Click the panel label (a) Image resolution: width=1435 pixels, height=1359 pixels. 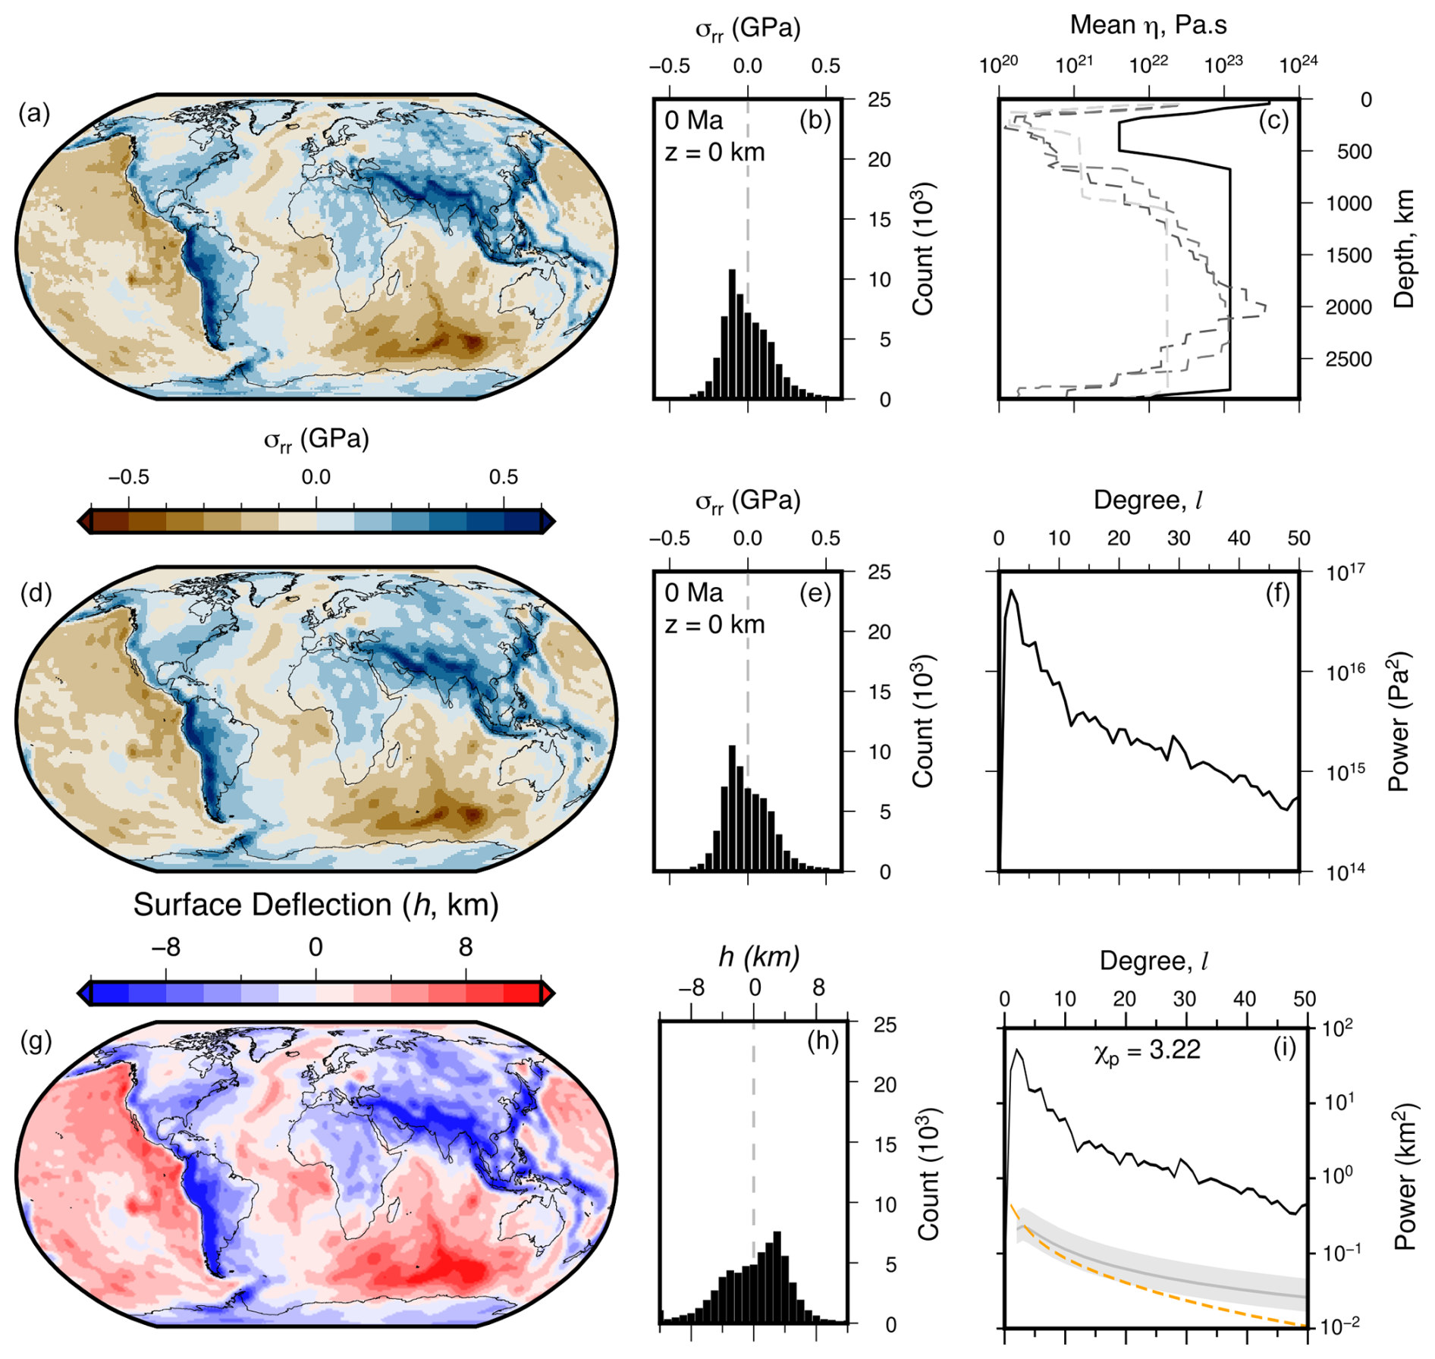point(35,114)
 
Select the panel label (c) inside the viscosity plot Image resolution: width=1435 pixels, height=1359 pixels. point(1273,120)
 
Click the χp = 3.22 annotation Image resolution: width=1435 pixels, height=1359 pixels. point(1147,1051)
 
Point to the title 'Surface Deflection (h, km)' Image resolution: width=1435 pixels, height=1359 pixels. point(316,905)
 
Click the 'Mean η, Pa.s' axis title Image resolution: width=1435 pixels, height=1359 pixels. point(1148,25)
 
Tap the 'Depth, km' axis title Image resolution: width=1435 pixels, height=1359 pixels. point(1404,249)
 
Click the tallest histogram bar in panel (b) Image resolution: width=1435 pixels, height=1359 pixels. point(732,334)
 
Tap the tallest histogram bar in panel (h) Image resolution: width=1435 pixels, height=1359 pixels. point(777,1277)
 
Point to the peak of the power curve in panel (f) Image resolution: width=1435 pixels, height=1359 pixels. point(1011,592)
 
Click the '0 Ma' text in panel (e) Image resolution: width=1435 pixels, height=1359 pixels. point(694,593)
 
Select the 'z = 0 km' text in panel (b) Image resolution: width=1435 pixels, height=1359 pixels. point(714,152)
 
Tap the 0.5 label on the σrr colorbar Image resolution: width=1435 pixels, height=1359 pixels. point(503,477)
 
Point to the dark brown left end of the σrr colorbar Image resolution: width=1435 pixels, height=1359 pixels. point(85,521)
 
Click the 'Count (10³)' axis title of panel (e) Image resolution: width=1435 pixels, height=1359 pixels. point(922,720)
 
